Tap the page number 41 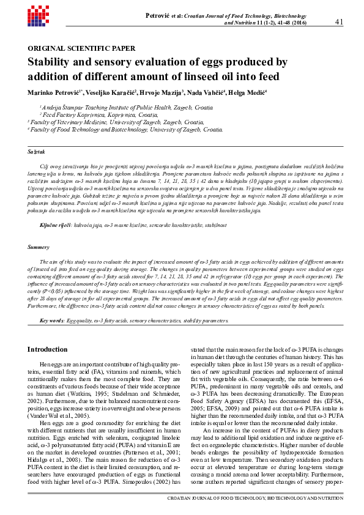(341, 22)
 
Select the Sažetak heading (36, 151)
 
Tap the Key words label (51, 320)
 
